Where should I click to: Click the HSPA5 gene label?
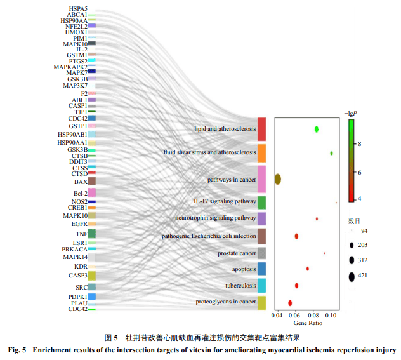pyautogui.click(x=78, y=9)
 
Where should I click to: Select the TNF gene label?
pyautogui.click(x=81, y=234)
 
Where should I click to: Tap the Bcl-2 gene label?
pyautogui.click(x=80, y=193)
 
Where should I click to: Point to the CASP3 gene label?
pyautogui.click(x=77, y=276)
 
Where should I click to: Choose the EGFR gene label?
pyautogui.click(x=79, y=223)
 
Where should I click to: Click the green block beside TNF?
pyautogui.click(x=91, y=234)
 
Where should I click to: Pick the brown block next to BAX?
pyautogui.click(x=91, y=182)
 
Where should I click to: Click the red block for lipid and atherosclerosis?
pyautogui.click(x=261, y=129)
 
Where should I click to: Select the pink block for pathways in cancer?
pyautogui.click(x=261, y=179)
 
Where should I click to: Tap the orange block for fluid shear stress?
pyautogui.click(x=261, y=153)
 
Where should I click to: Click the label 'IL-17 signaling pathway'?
pyautogui.click(x=225, y=201)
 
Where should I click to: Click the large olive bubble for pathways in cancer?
pyautogui.click(x=277, y=179)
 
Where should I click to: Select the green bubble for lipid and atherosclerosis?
pyautogui.click(x=317, y=130)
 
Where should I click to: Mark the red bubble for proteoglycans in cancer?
pyautogui.click(x=290, y=303)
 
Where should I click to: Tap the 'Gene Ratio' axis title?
pyautogui.click(x=307, y=323)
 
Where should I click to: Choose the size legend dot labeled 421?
pyautogui.click(x=352, y=276)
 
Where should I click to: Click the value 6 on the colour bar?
pyautogui.click(x=360, y=171)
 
